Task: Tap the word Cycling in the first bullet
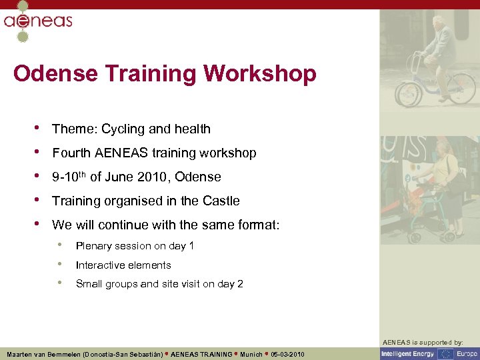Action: pyautogui.click(x=123, y=129)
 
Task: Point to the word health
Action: pyautogui.click(x=192, y=129)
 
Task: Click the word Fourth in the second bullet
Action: pyautogui.click(x=71, y=153)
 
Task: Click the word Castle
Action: pyautogui.click(x=221, y=201)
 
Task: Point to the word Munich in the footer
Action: pyautogui.click(x=252, y=354)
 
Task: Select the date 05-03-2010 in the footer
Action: pyautogui.click(x=288, y=354)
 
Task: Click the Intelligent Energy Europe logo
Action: pyautogui.click(x=429, y=354)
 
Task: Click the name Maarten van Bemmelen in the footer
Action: pyautogui.click(x=46, y=354)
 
